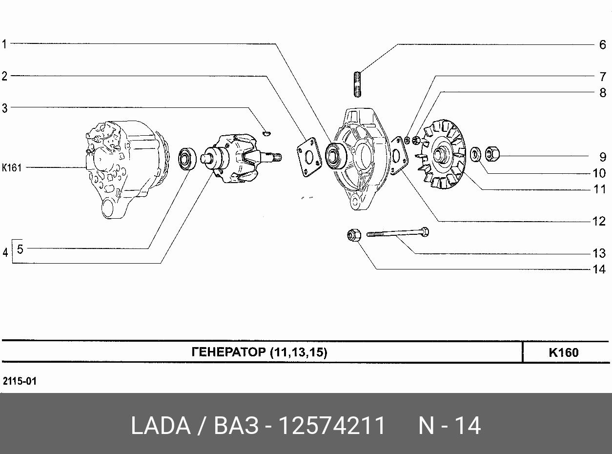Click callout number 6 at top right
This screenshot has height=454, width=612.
[x=603, y=45]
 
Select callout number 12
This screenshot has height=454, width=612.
[x=599, y=221]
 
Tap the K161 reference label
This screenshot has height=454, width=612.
[x=12, y=167]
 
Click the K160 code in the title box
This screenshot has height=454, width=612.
[x=563, y=352]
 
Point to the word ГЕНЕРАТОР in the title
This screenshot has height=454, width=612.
[x=229, y=352]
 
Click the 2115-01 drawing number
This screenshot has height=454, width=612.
[x=20, y=381]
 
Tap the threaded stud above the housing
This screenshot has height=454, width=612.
[x=357, y=84]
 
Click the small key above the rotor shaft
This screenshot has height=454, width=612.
[x=266, y=134]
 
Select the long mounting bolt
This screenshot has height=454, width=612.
[x=398, y=233]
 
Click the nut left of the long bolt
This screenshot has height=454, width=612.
[x=354, y=235]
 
